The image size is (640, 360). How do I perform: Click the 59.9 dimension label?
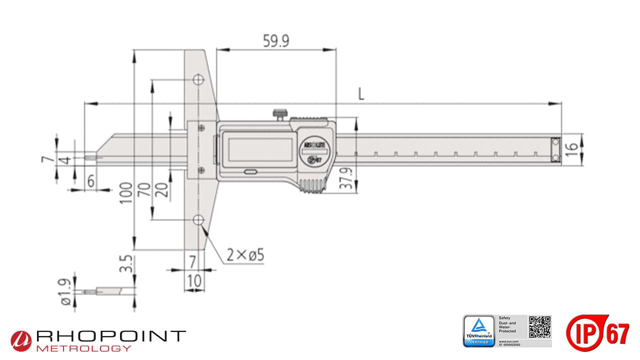(276, 41)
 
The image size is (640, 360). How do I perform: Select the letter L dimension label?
(361, 93)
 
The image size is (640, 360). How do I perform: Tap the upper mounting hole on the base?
(198, 80)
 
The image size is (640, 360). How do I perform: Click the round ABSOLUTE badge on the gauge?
(313, 150)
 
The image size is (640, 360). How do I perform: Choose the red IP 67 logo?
(597, 332)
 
